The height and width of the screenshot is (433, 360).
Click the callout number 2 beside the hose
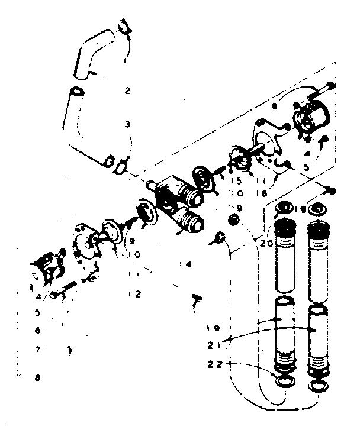127,91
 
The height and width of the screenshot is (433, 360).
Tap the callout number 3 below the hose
127,124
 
